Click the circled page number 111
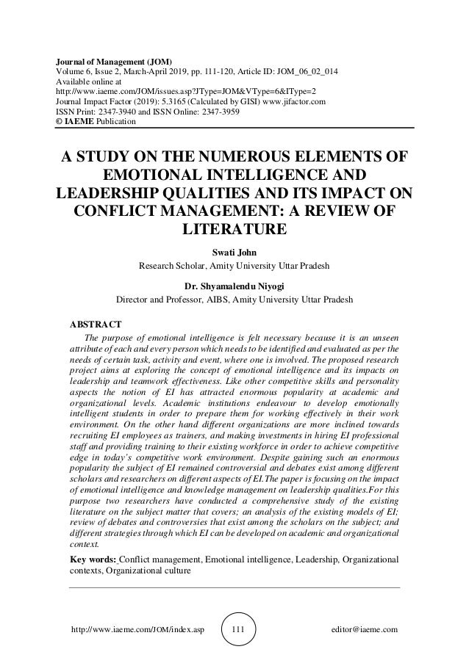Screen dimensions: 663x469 (237, 629)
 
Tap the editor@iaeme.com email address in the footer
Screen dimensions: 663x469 (365, 630)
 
